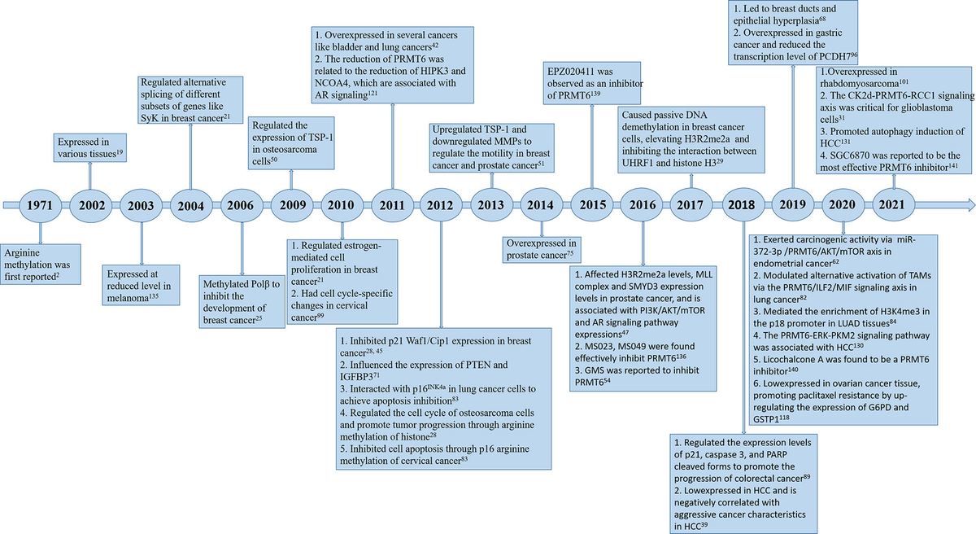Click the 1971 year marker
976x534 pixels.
pyautogui.click(x=40, y=204)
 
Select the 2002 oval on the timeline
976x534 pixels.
pyautogui.click(x=90, y=204)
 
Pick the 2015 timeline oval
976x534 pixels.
pyautogui.click(x=591, y=204)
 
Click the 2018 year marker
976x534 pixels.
pyautogui.click(x=742, y=204)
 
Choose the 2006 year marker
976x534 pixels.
pyautogui.click(x=242, y=204)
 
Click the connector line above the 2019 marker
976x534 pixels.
pyautogui.click(x=791, y=130)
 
